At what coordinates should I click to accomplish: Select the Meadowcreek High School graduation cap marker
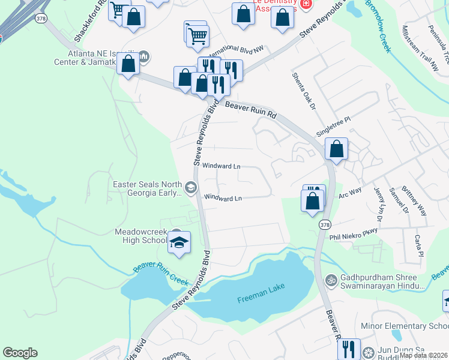tap(179, 242)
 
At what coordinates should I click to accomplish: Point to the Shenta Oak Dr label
tap(303, 91)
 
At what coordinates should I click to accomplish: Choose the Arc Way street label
tap(350, 193)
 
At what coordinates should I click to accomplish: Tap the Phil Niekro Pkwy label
tap(353, 235)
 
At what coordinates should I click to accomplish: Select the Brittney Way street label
tap(414, 200)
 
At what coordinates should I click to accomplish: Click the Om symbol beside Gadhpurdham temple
tap(330, 280)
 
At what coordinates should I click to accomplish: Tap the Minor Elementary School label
tap(405, 326)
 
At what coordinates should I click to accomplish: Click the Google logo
tap(20, 353)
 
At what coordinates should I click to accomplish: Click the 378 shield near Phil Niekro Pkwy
tap(325, 224)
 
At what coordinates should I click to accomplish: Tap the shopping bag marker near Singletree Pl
tap(336, 148)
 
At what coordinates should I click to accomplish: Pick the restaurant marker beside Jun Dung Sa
tap(348, 349)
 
